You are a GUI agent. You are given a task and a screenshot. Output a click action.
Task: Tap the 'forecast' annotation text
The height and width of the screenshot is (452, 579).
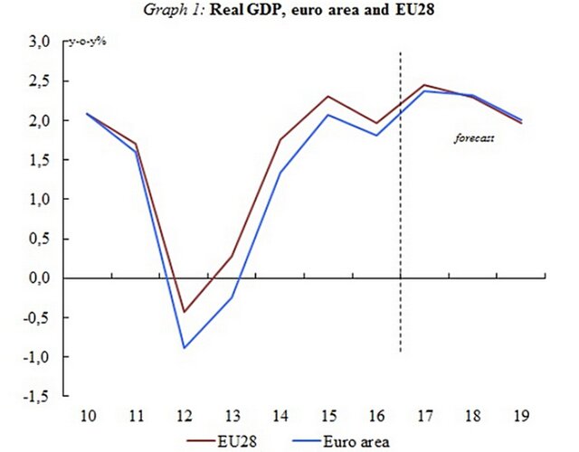pos(473,138)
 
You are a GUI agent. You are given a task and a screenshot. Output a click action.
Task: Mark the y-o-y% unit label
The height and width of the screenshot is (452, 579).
pos(87,42)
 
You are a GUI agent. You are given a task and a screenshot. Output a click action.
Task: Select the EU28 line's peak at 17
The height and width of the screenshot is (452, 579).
pos(424,85)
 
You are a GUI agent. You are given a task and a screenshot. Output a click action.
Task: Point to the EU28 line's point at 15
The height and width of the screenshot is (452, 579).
pos(328,97)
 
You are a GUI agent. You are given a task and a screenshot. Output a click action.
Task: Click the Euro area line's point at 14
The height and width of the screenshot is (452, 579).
pos(280,172)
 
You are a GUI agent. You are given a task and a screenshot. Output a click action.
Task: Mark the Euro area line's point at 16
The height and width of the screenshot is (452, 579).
pos(376,136)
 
